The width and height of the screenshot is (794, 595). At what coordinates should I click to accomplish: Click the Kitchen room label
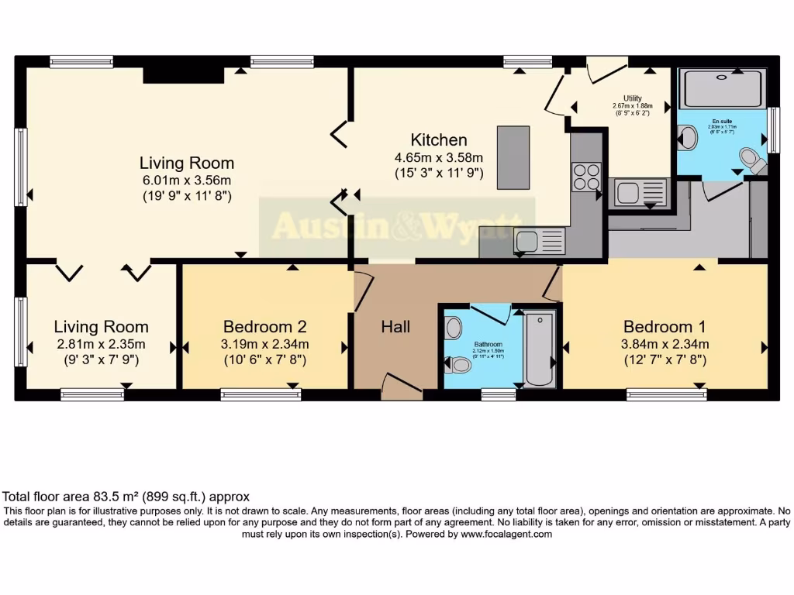tap(438, 140)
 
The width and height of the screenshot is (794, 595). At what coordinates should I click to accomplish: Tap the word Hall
tap(395, 327)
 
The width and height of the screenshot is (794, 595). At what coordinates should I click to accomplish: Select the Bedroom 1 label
tap(665, 326)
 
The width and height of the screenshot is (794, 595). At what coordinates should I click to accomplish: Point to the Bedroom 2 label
tap(264, 326)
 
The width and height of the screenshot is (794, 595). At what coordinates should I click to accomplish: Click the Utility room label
tap(633, 98)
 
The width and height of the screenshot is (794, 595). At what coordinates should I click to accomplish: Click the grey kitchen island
tap(513, 158)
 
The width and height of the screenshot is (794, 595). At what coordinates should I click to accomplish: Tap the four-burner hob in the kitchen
tap(586, 177)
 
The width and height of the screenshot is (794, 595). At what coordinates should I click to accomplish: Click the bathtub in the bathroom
tap(540, 348)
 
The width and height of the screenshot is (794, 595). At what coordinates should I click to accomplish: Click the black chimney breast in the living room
tap(183, 74)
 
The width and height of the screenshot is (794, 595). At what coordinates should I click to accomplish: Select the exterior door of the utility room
tap(606, 71)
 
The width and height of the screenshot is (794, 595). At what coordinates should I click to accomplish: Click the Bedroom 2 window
tap(261, 394)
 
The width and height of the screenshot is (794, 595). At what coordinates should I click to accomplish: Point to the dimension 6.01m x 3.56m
tap(186, 181)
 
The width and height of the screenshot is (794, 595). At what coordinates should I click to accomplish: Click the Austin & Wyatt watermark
tap(397, 227)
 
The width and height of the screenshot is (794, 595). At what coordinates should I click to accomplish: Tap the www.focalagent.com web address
tap(506, 534)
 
